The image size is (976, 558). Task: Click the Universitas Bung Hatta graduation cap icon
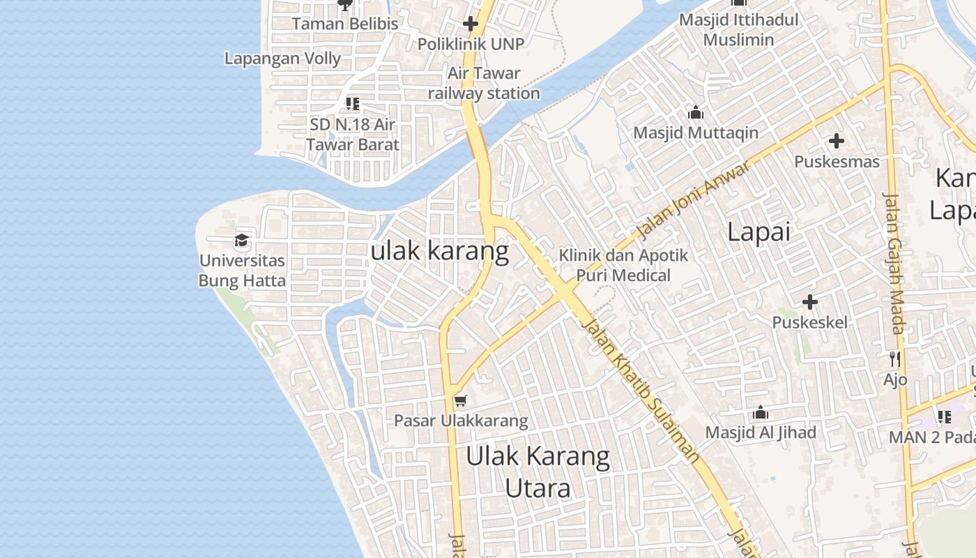coord(242,241)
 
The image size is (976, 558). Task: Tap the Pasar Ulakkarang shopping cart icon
coord(460,400)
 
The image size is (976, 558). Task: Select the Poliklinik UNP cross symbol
coord(471,24)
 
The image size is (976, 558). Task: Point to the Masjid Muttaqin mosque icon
coord(695,112)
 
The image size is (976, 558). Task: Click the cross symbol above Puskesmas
coord(837,141)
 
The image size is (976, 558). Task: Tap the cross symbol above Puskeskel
coord(809,302)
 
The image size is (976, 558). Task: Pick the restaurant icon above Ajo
coord(895,359)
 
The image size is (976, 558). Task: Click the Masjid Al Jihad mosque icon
coord(761,412)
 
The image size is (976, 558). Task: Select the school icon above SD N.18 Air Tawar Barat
coord(353,104)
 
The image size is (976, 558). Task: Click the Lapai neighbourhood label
coord(758,232)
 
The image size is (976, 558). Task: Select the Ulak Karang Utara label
coord(537,472)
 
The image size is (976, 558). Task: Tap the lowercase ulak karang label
coord(440,250)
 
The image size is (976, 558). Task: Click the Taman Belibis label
coord(345,24)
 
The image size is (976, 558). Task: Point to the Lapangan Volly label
coord(282,59)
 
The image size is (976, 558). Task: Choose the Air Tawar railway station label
coord(484,83)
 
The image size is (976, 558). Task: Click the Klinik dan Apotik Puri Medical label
coord(623,265)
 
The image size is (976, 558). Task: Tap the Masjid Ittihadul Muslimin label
coord(738,29)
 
